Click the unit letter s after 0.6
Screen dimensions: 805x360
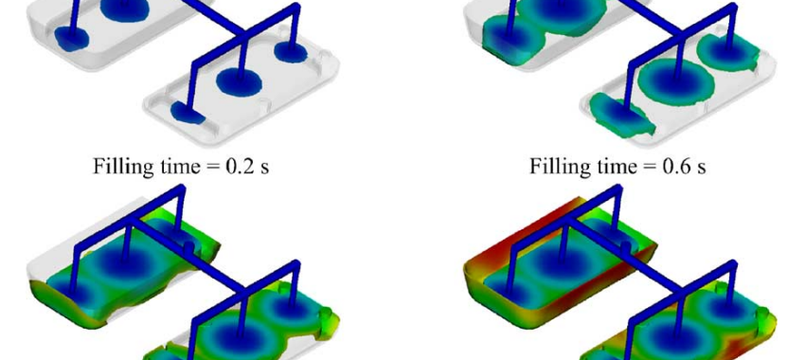click(700, 169)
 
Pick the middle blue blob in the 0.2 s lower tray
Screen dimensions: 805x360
click(240, 81)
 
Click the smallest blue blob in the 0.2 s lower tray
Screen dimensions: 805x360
click(188, 113)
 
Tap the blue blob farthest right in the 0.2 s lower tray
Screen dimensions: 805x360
click(291, 52)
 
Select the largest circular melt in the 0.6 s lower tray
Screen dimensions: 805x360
click(676, 81)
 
